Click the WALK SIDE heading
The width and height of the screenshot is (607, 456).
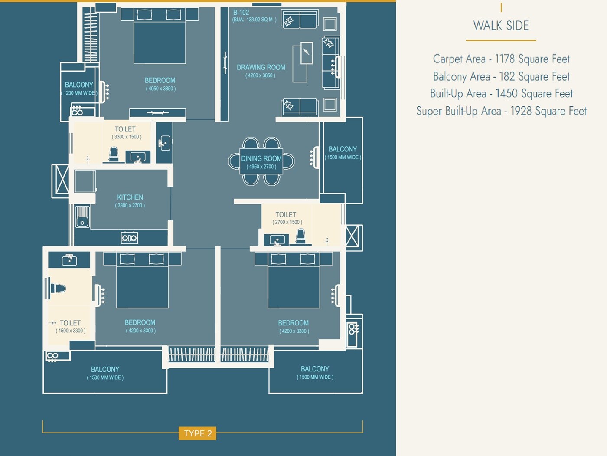pyautogui.click(x=501, y=26)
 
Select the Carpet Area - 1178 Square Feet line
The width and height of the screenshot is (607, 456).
pyautogui.click(x=501, y=59)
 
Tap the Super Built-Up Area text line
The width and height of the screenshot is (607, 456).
pyautogui.click(x=501, y=111)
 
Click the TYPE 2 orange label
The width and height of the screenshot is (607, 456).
pyautogui.click(x=198, y=433)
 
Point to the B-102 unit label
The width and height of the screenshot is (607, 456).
pyautogui.click(x=241, y=13)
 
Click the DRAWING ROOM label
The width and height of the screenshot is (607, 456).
pyautogui.click(x=261, y=67)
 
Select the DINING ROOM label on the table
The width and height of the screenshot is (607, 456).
pyautogui.click(x=261, y=159)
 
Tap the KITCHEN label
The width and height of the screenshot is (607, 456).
pyautogui.click(x=130, y=197)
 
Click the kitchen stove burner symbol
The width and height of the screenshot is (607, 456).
pyautogui.click(x=129, y=238)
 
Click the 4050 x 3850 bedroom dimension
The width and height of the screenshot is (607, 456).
pyautogui.click(x=160, y=89)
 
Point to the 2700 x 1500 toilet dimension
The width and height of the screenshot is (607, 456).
pyautogui.click(x=287, y=222)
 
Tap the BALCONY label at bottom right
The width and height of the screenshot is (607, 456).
pyautogui.click(x=315, y=369)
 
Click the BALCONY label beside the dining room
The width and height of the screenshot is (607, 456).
pyautogui.click(x=343, y=149)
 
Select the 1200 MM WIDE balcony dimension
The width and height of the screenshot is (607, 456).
pyautogui.click(x=79, y=93)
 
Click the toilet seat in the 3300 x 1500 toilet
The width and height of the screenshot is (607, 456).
pyautogui.click(x=114, y=154)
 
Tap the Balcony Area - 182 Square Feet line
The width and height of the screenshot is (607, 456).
pyautogui.click(x=501, y=77)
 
